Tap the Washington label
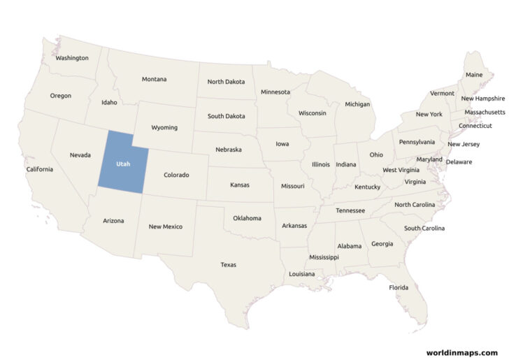[72, 58]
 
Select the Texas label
[228, 265]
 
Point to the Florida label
[399, 287]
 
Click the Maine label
[473, 75]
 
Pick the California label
[39, 169]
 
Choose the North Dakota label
[226, 82]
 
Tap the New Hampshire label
[482, 99]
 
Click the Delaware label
[459, 162]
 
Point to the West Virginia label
[401, 170]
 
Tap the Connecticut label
[475, 126]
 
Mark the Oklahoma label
[247, 218]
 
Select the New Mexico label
[166, 226]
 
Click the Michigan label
[357, 104]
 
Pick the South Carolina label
[424, 229]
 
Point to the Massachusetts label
[485, 112]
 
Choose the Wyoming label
[164, 128]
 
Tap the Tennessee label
[350, 210]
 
